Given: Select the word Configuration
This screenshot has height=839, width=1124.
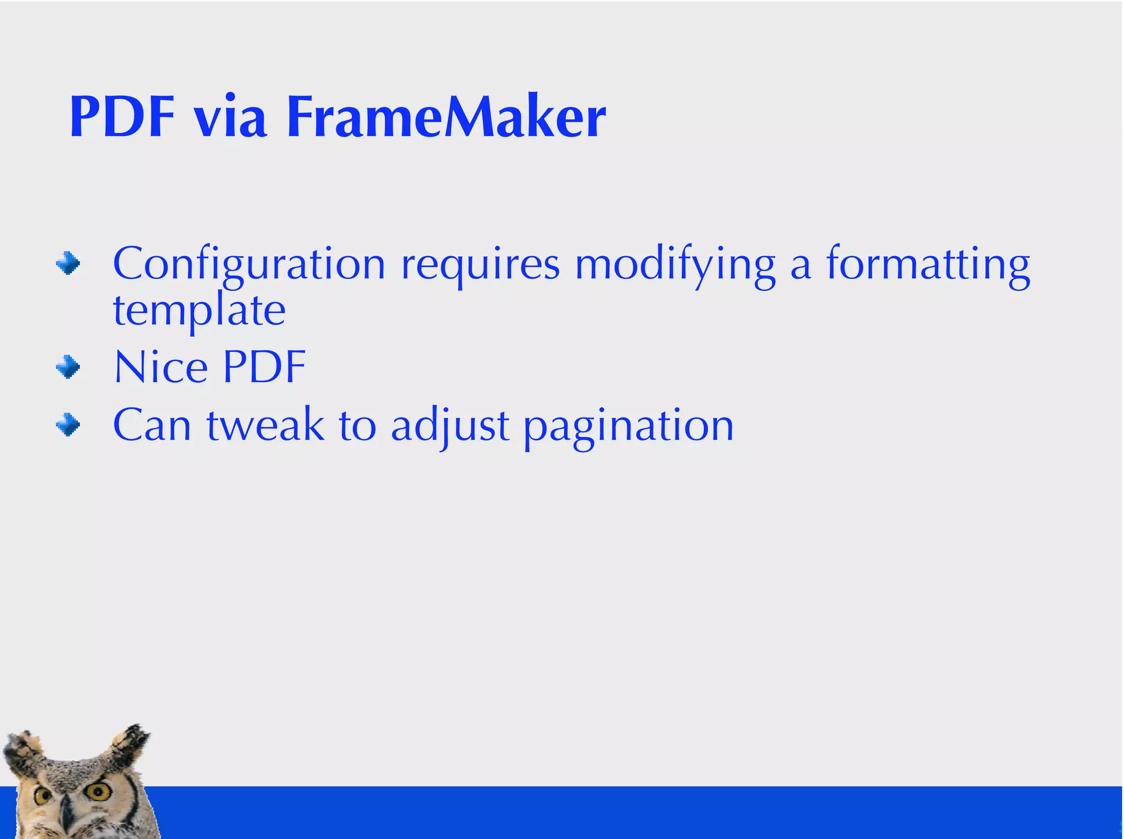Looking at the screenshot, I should coord(249,265).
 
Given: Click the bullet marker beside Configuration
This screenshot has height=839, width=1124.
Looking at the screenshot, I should coord(68,264).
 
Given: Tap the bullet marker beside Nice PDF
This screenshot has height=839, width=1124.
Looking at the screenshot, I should coord(68,367).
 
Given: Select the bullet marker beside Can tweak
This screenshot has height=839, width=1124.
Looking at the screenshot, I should coord(68,424).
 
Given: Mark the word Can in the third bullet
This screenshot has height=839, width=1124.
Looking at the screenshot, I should coord(152,425).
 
